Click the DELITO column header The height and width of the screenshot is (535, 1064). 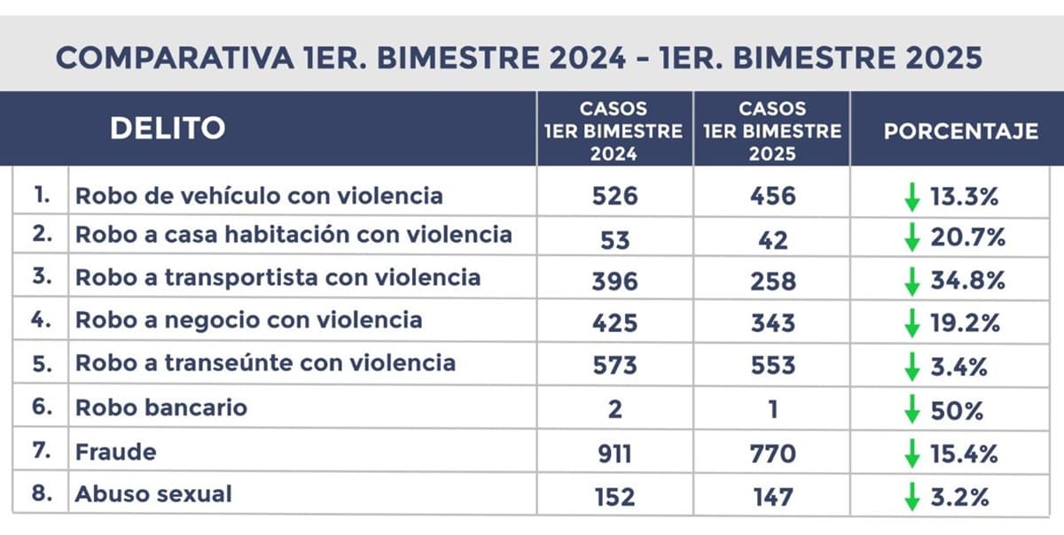coord(167,129)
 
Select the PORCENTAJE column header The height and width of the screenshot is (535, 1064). coord(960,132)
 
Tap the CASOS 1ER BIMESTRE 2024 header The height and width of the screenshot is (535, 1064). coord(614,131)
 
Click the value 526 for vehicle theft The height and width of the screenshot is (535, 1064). coord(614,196)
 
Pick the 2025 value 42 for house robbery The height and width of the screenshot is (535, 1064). coord(772,239)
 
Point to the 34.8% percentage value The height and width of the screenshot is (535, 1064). coord(966,282)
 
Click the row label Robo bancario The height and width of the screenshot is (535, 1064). coord(160,408)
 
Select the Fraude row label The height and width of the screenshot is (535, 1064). coord(115,452)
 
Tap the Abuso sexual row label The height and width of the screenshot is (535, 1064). coord(153,493)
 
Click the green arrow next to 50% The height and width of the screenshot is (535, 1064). coord(911,411)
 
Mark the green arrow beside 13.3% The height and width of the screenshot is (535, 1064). coord(911,197)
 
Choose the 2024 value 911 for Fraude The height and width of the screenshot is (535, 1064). coord(614,454)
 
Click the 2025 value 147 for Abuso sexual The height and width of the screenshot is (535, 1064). coord(772,497)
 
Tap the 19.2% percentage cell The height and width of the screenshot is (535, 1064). coord(965,324)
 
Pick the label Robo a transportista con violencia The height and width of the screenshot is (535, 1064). coord(278,277)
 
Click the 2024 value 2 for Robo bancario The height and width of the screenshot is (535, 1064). coord(614,410)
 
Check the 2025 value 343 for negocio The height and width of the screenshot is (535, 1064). coord(772,323)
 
